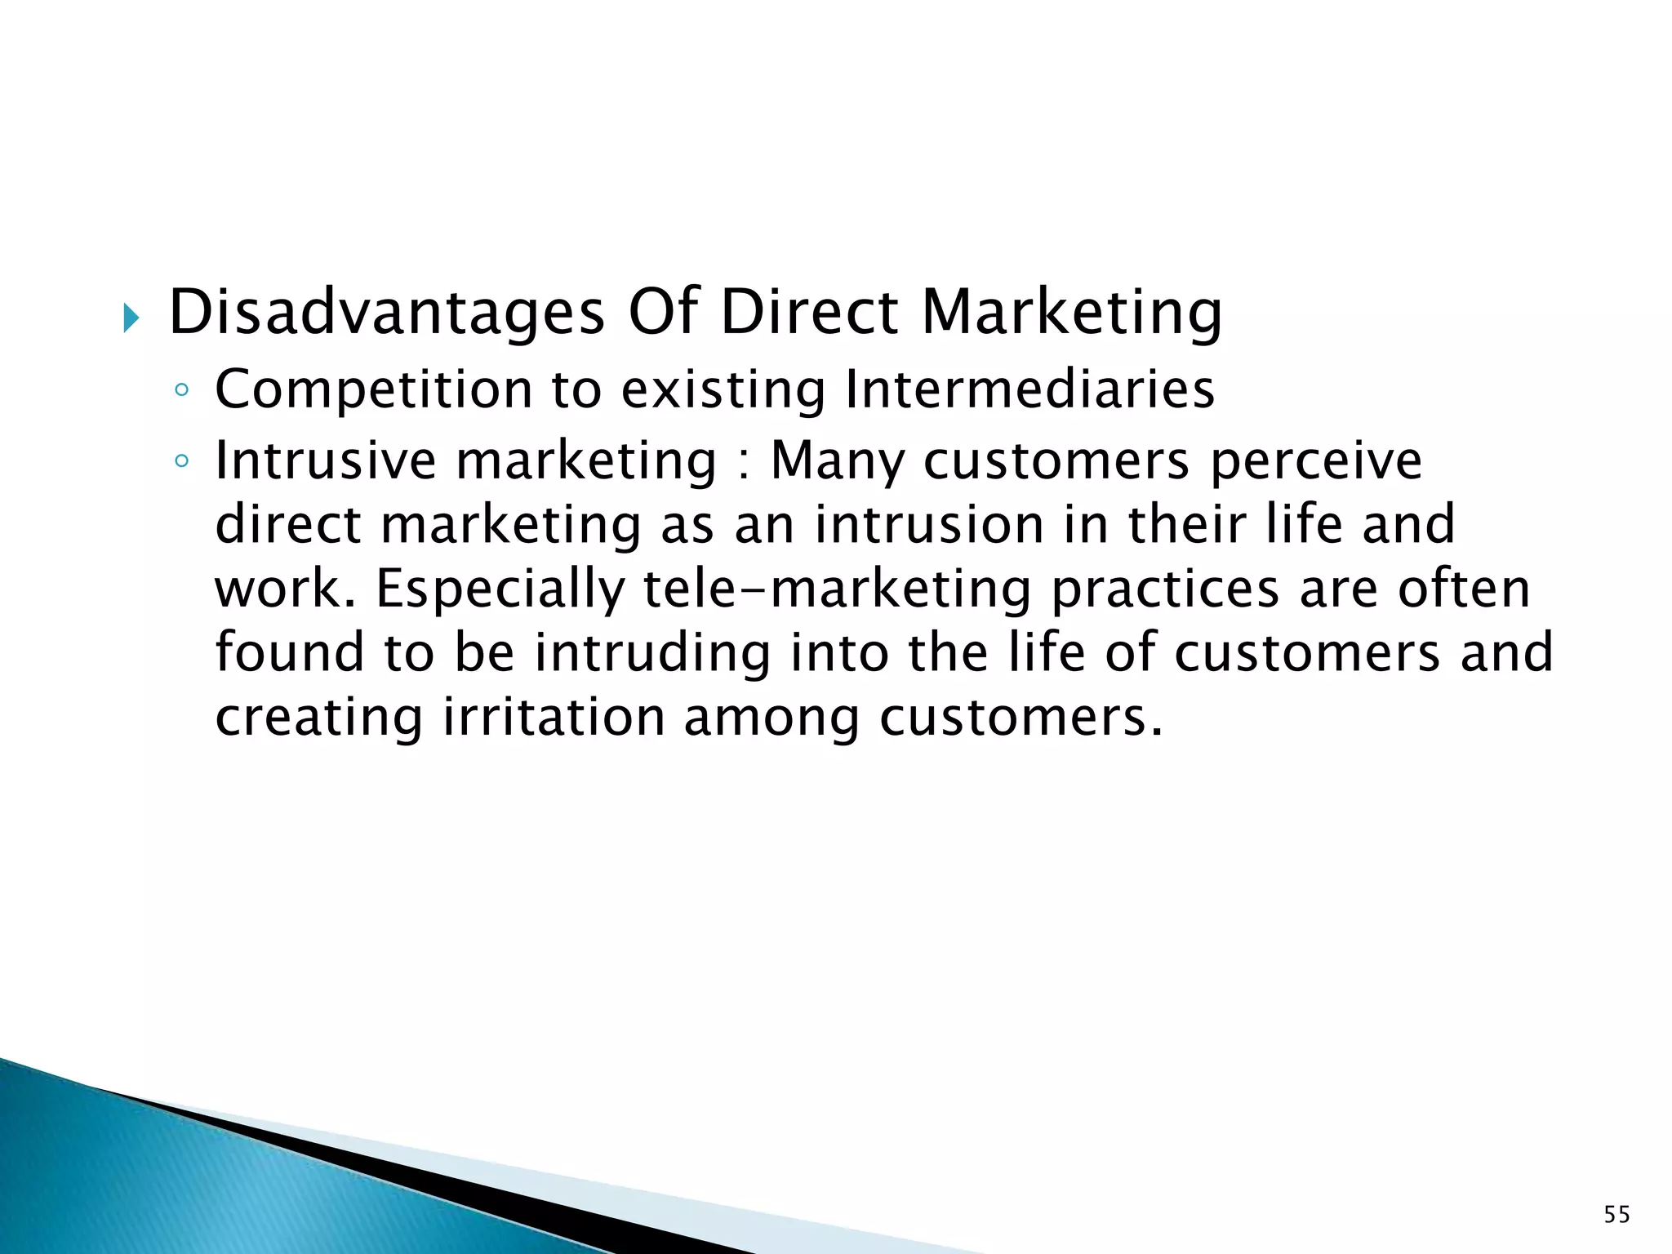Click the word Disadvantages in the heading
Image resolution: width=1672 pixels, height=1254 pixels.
click(386, 313)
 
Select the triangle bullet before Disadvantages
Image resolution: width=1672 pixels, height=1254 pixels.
click(131, 318)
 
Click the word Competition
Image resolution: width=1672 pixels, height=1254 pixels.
click(373, 390)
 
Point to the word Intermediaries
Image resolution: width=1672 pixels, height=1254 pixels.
click(1029, 390)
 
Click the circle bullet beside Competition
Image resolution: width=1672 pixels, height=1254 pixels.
click(181, 391)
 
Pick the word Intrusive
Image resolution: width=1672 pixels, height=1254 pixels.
click(326, 460)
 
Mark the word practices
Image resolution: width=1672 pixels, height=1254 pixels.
click(1165, 589)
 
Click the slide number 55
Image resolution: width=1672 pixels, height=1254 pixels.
click(1616, 1215)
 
